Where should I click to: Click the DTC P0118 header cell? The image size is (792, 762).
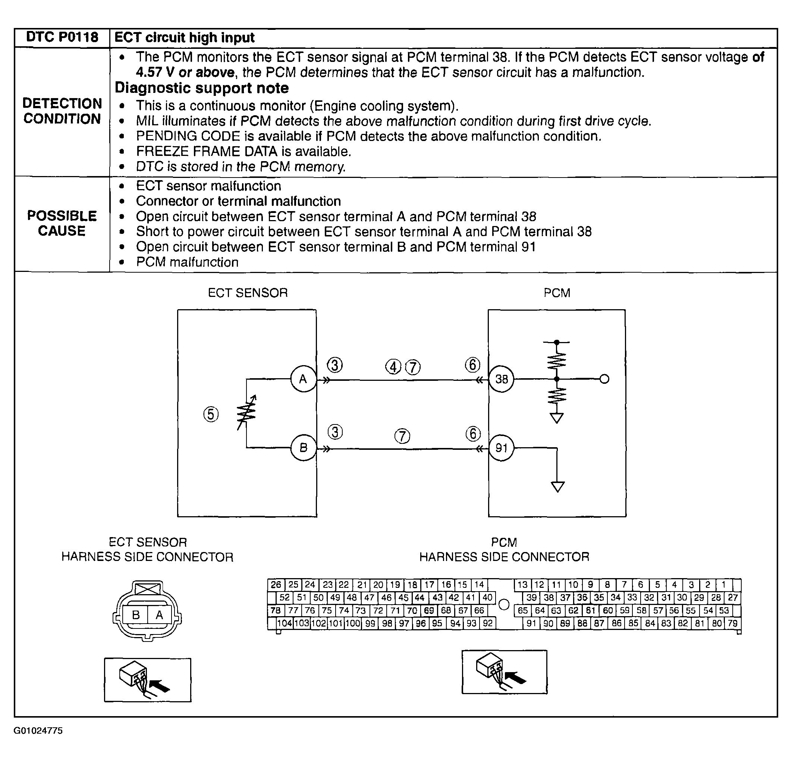62,37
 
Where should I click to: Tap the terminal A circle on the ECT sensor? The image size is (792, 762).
303,379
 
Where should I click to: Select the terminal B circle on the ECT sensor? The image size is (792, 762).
303,448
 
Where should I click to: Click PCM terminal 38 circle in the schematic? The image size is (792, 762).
502,379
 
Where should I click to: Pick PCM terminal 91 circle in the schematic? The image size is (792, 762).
502,448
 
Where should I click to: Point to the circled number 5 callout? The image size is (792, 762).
211,414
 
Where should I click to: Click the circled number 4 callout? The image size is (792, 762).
393,367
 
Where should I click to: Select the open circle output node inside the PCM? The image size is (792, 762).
604,379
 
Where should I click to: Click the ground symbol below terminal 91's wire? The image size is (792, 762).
557,487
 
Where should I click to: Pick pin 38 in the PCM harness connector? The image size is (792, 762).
549,598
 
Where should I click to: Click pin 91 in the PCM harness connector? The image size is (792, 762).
531,623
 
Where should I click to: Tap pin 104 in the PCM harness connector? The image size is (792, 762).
285,623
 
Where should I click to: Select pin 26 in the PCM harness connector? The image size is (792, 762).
276,584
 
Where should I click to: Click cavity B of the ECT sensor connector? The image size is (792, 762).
136,615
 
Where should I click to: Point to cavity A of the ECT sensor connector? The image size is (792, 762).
159,615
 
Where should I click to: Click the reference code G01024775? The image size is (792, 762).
38,730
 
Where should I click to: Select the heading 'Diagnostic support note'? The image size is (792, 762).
202,88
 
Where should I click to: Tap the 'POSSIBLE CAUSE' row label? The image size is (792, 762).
62,223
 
